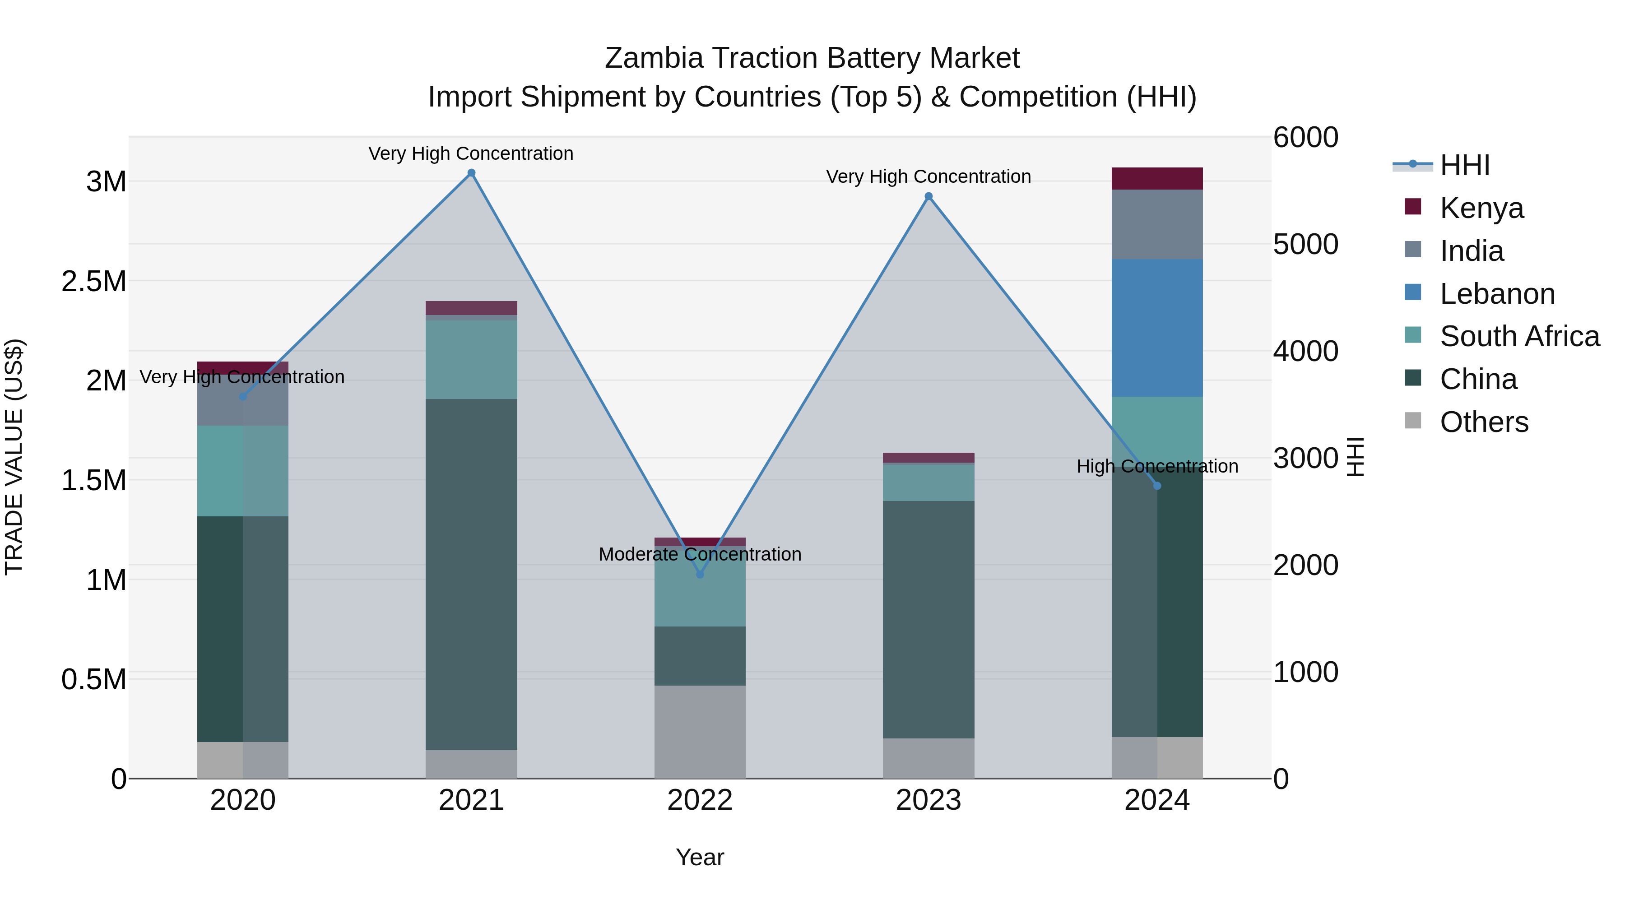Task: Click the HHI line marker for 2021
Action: point(471,173)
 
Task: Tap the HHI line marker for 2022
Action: point(700,575)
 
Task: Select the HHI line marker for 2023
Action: point(929,196)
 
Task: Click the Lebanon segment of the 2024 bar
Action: point(1157,328)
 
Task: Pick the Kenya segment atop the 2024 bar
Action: point(1157,178)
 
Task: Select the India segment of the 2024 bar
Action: point(1157,224)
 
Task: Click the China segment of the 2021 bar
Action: point(471,574)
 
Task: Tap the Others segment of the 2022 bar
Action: point(700,732)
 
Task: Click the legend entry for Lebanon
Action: point(1497,294)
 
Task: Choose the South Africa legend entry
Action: point(1519,336)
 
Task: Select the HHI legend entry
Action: point(1465,165)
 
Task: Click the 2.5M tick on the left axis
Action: point(94,281)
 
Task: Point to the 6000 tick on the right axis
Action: point(1305,138)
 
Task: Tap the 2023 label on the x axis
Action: point(929,800)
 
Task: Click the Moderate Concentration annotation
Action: point(700,554)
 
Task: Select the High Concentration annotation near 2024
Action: point(1157,467)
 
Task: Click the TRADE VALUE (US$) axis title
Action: point(14,457)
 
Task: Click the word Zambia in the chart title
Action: point(654,58)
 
